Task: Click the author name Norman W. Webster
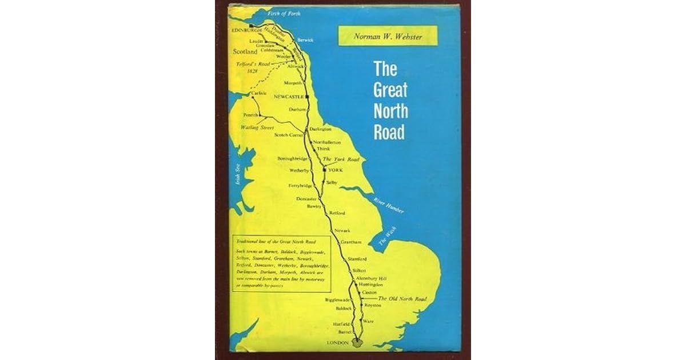point(388,35)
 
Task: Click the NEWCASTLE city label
point(289,97)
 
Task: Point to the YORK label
point(335,170)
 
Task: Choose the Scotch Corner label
point(289,135)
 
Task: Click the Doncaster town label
point(306,198)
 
